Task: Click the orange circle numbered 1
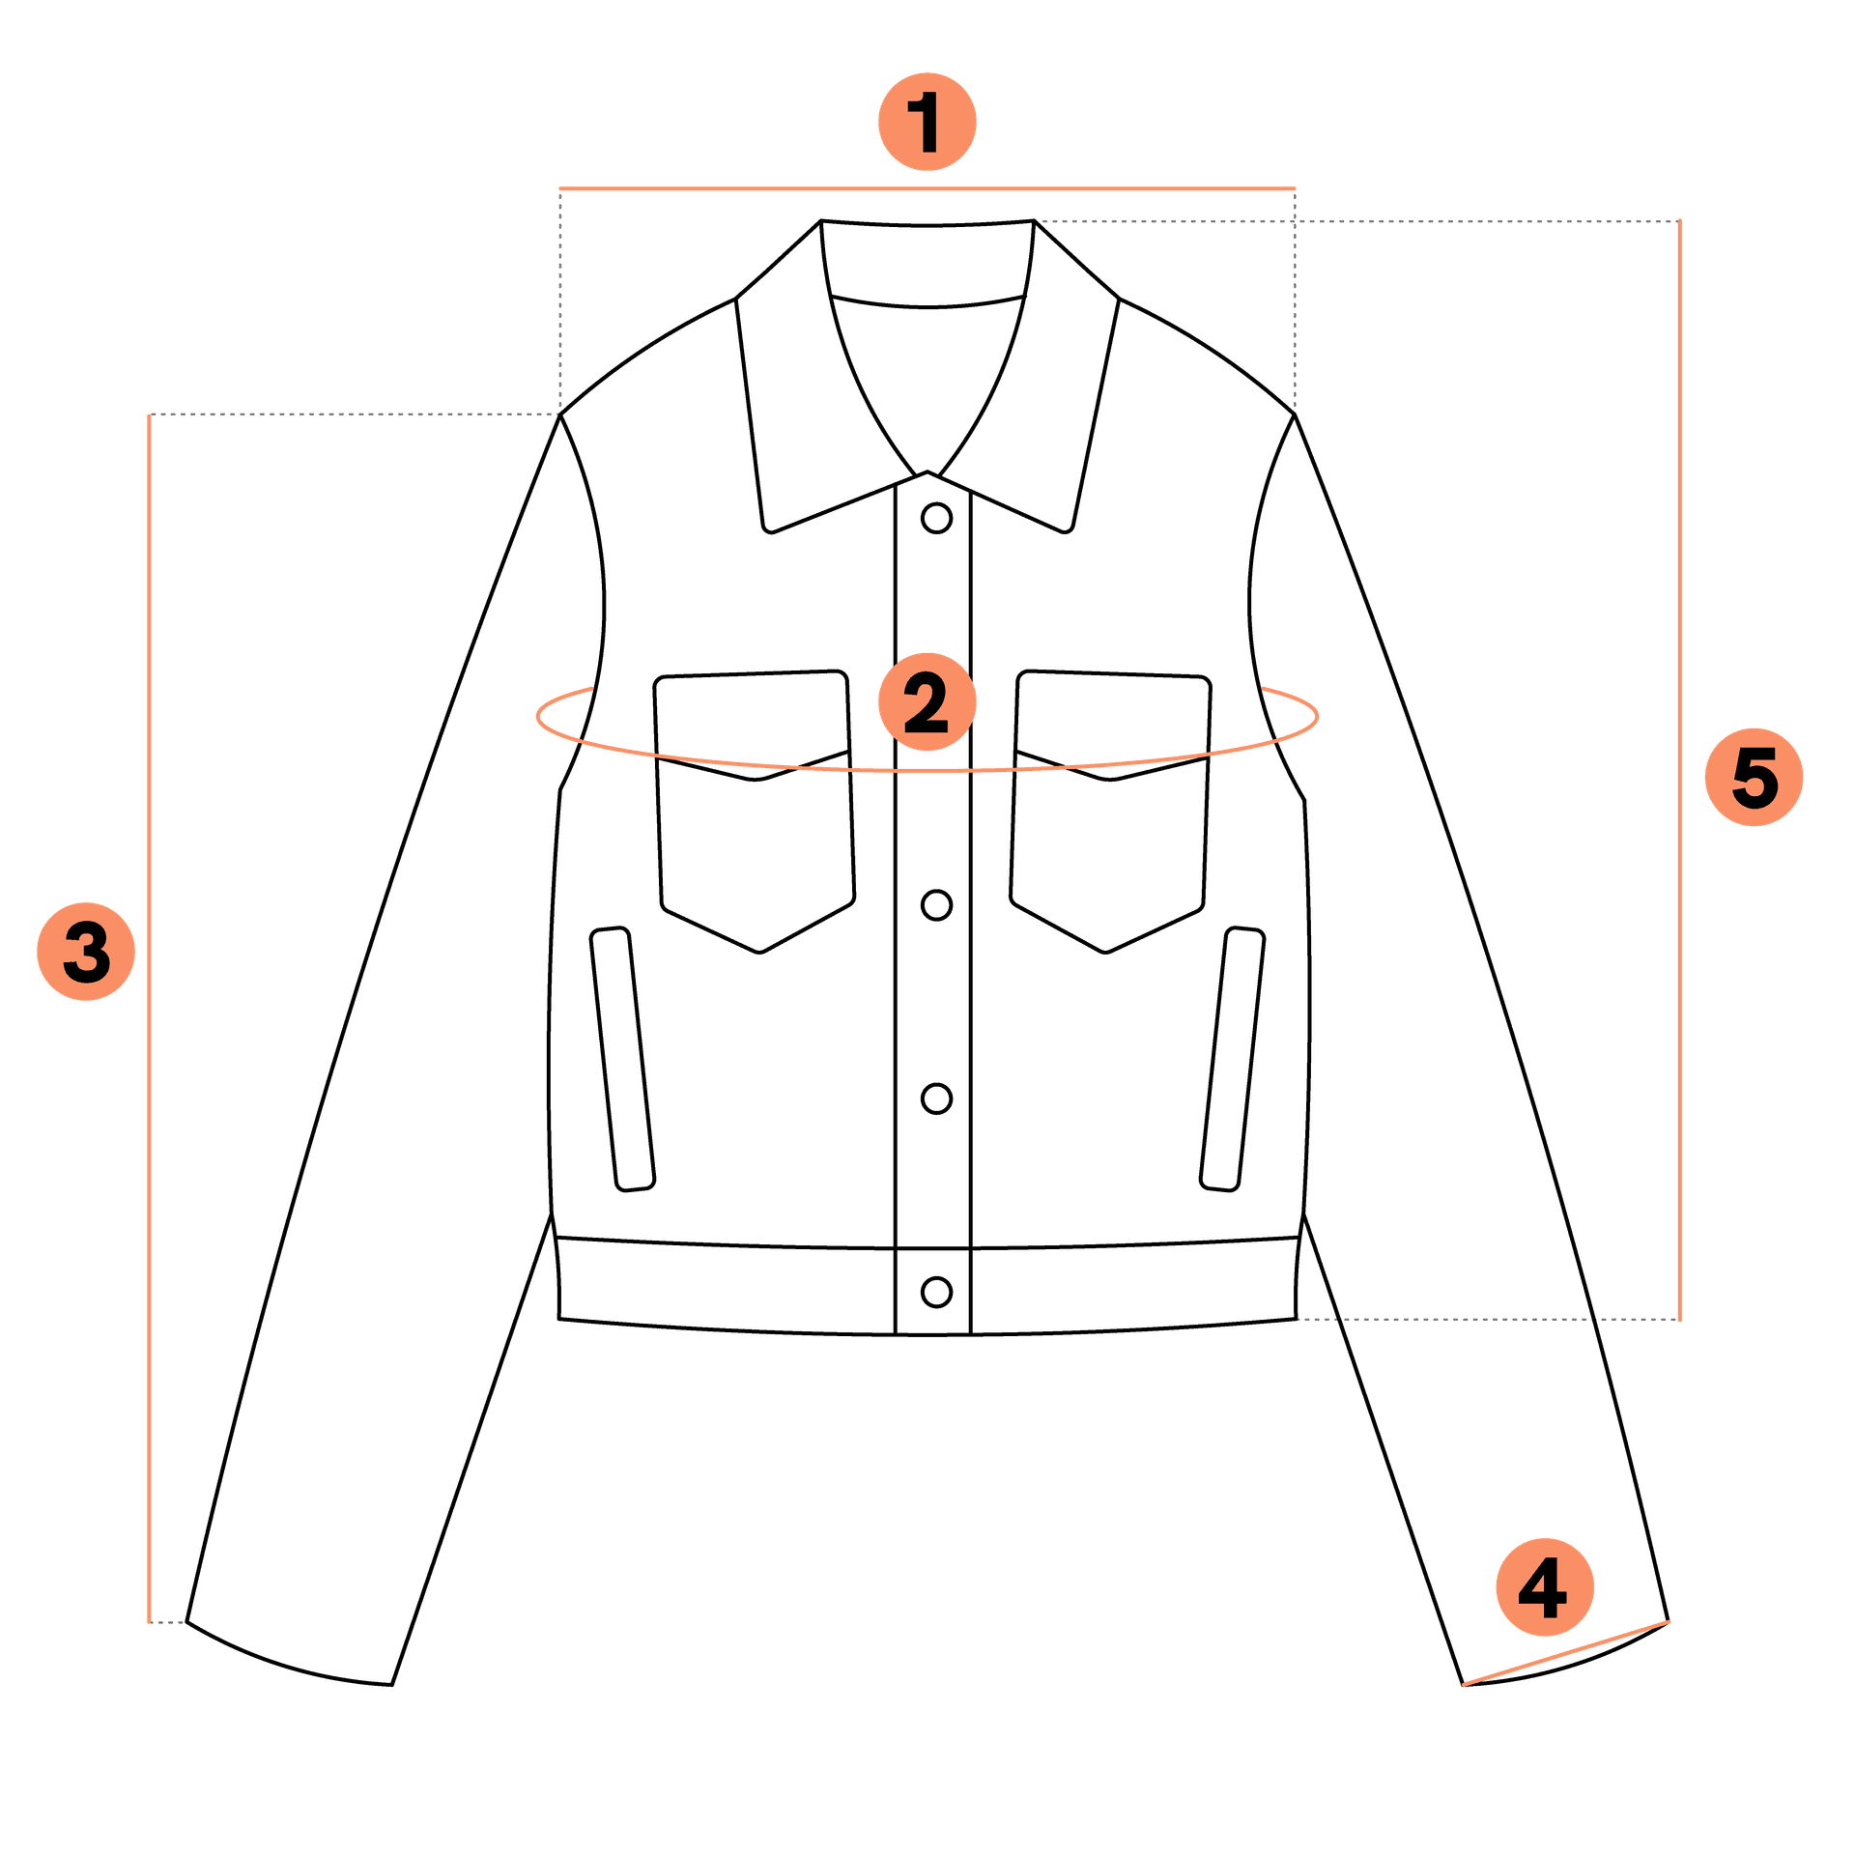point(927,122)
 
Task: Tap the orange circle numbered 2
point(927,701)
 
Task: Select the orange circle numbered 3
point(86,952)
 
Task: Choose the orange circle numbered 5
point(1755,777)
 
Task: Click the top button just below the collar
point(936,518)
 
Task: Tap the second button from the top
point(936,905)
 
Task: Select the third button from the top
point(936,1099)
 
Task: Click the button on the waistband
point(936,1292)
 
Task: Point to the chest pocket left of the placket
point(755,812)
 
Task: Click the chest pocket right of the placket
point(1111,812)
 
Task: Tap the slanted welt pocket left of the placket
point(623,1059)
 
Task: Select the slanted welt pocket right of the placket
point(1233,1059)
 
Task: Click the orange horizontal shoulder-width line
point(927,187)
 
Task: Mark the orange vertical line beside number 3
point(149,1018)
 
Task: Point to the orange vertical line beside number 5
point(1680,769)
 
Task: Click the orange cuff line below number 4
point(1566,1652)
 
